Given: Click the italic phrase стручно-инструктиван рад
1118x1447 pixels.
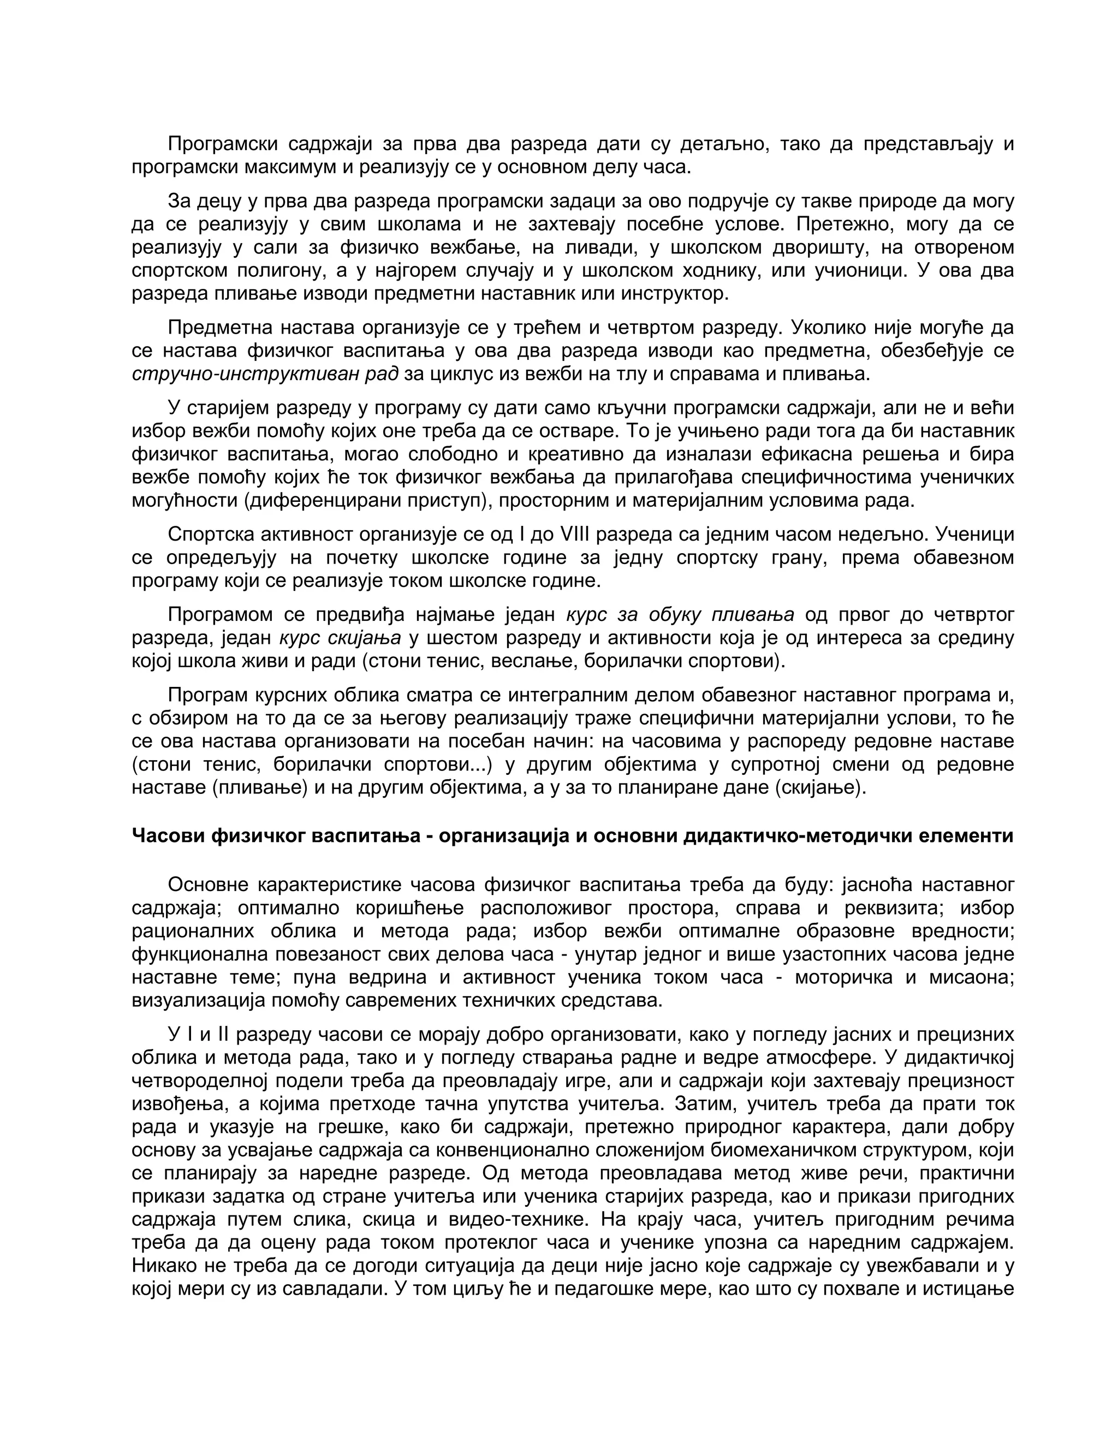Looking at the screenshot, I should tap(265, 373).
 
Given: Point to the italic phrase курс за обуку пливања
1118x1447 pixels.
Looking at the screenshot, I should tap(680, 615).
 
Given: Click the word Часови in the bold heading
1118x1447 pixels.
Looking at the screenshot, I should tap(167, 835).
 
